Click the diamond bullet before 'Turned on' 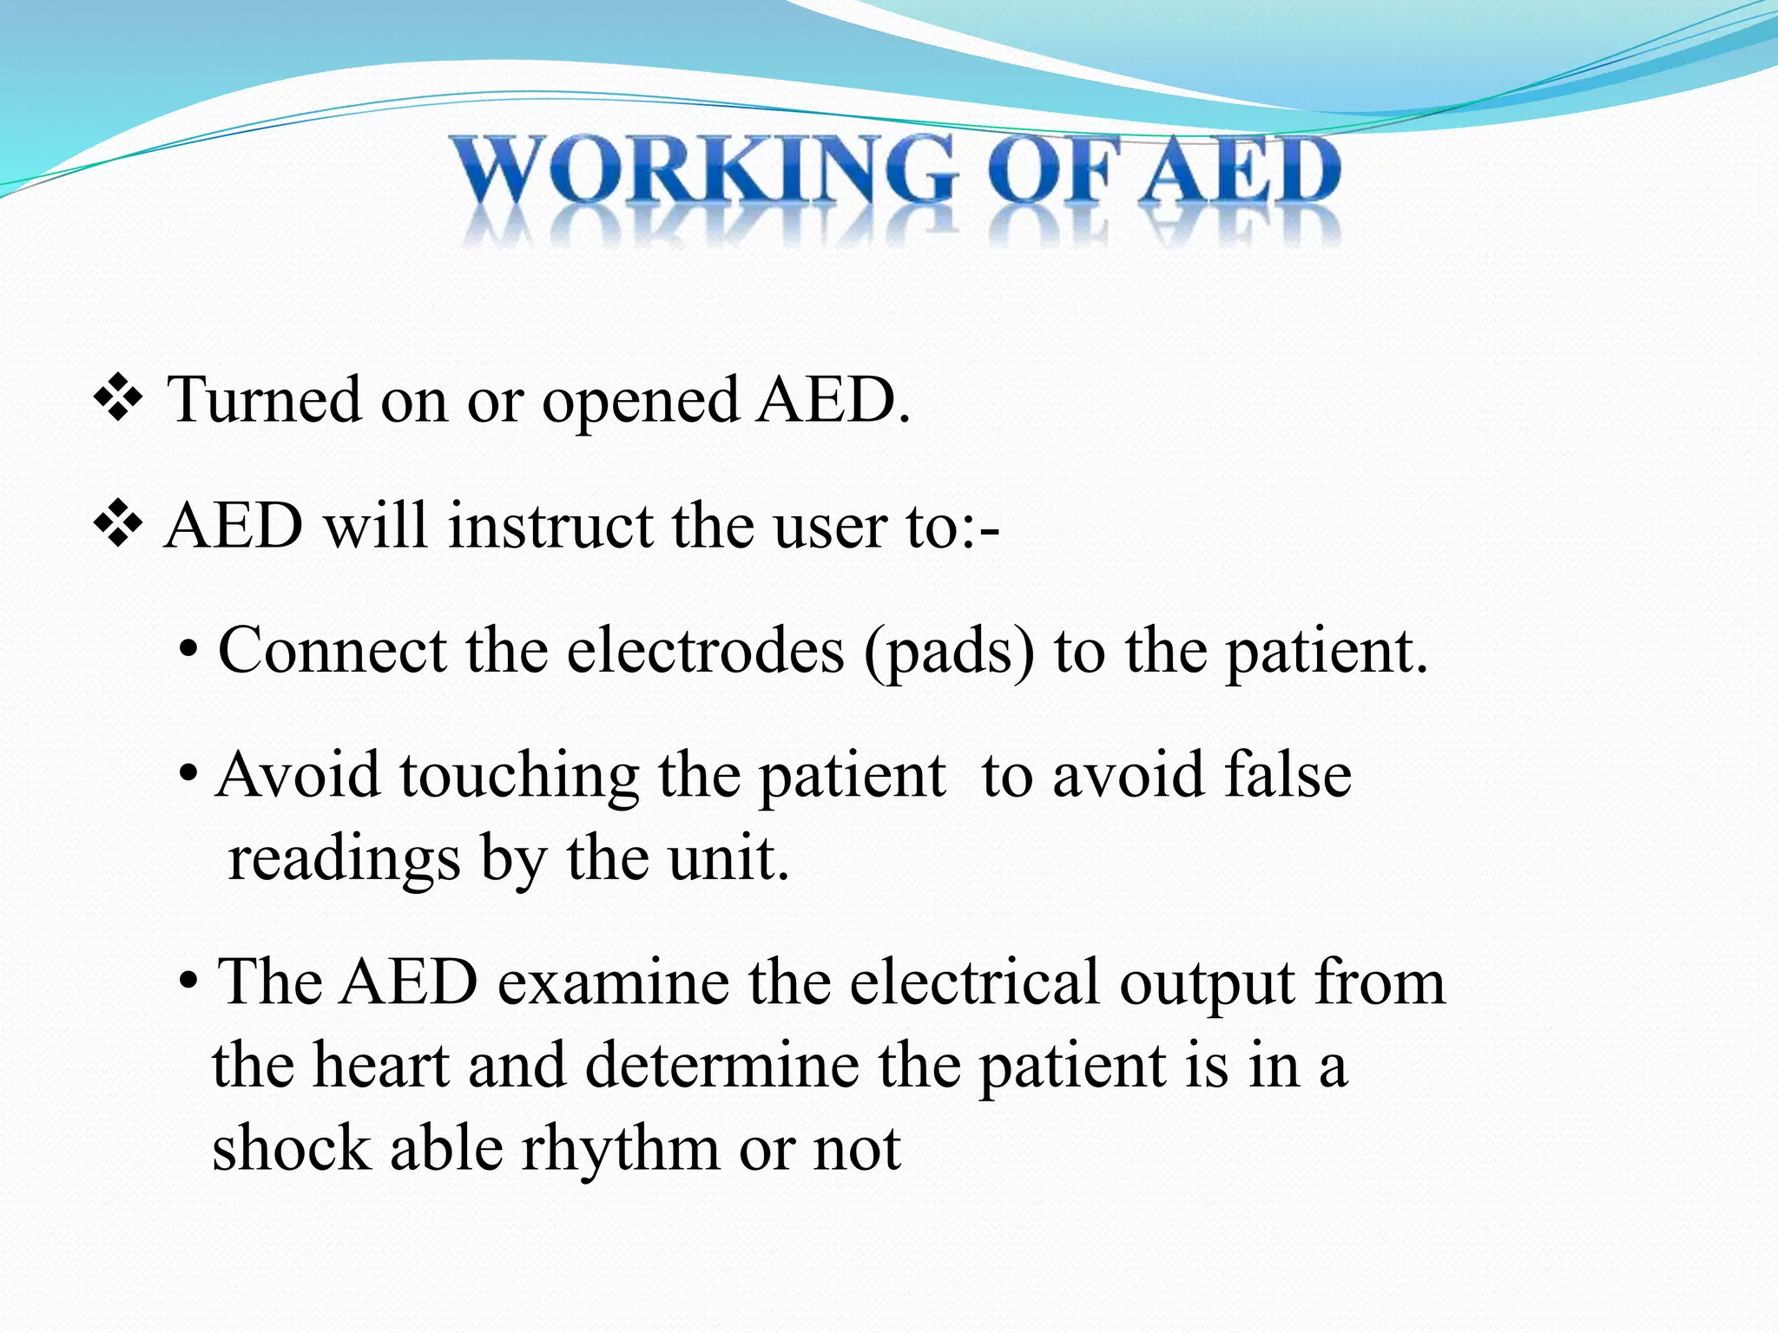coord(118,400)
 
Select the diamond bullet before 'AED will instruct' coord(118,527)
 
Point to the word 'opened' coord(641,402)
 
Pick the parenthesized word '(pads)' coord(949,653)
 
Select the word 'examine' coord(613,982)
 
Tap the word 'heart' coord(381,1066)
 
